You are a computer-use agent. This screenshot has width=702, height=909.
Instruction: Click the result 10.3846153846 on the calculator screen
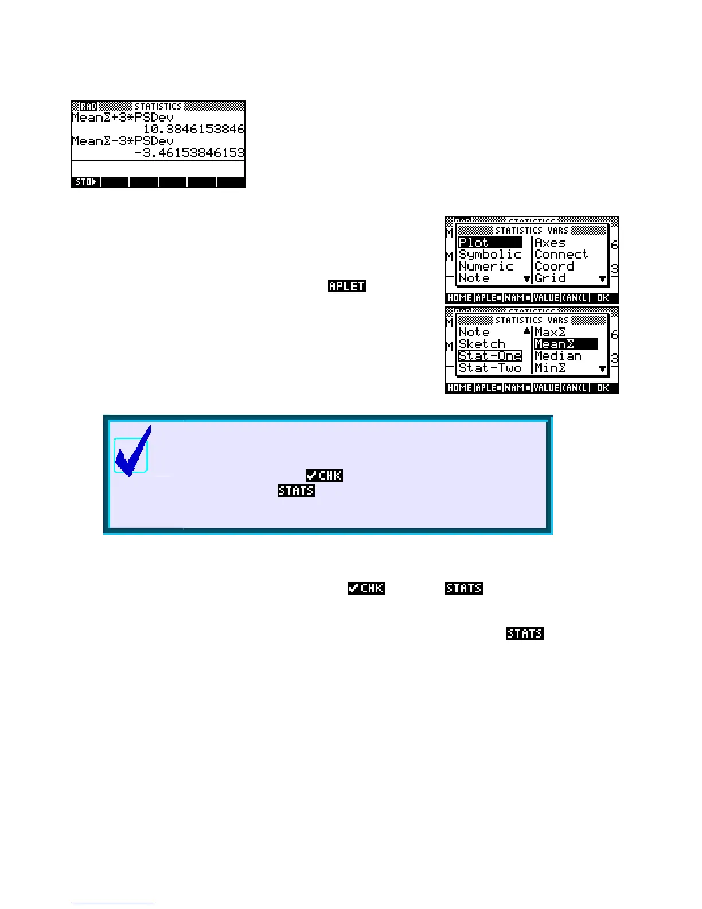(x=194, y=129)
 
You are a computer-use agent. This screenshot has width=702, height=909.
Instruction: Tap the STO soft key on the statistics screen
(x=85, y=182)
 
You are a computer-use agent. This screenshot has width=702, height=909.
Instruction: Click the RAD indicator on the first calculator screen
(x=88, y=106)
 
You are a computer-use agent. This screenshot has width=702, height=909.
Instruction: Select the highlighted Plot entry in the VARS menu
(x=489, y=242)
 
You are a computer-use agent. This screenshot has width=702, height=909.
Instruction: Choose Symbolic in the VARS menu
(x=490, y=254)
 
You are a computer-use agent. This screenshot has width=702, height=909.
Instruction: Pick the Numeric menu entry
(x=486, y=266)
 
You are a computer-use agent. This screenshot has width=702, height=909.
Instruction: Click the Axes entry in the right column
(x=550, y=242)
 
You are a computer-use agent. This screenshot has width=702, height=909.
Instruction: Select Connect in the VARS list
(x=561, y=254)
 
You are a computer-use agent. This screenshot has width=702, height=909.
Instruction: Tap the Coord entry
(x=554, y=266)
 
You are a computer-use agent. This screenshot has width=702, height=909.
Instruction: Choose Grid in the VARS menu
(x=550, y=278)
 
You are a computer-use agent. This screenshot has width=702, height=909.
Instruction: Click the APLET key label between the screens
(x=347, y=286)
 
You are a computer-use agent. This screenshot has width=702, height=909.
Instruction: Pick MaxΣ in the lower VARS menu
(x=550, y=332)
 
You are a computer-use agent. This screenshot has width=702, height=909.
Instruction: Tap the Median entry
(x=557, y=356)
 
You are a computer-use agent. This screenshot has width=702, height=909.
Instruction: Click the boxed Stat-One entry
(x=490, y=356)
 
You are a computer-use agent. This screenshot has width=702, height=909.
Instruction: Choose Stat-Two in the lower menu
(x=490, y=368)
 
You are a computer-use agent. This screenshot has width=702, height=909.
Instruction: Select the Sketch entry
(x=482, y=344)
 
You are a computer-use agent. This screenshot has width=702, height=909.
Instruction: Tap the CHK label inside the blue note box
(x=324, y=475)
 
